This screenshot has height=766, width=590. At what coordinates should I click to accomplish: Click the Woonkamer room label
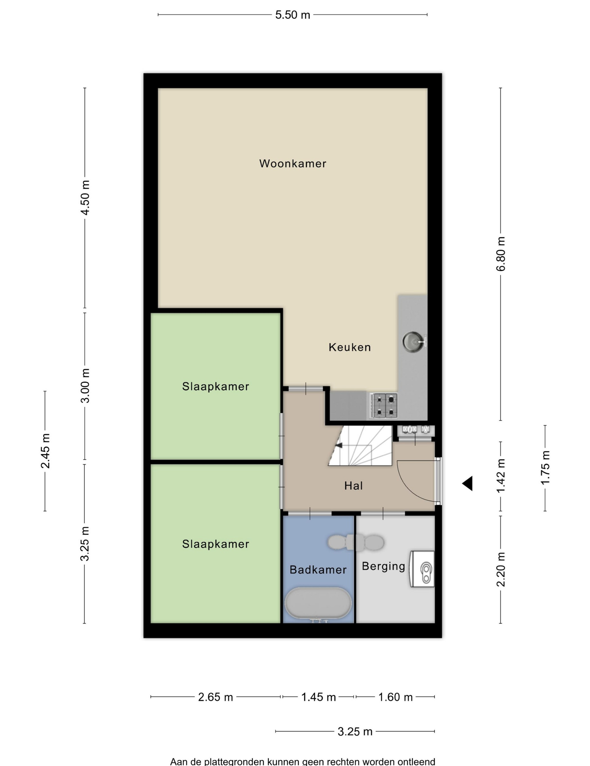pos(292,163)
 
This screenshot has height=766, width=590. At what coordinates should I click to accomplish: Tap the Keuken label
pos(350,347)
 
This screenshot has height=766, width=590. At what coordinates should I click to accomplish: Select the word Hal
pos(353,485)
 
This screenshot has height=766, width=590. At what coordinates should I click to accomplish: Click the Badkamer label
pos(318,570)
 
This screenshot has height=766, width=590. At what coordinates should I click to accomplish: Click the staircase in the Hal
pos(360,446)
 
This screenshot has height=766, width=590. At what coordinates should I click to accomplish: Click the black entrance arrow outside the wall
pos(467,483)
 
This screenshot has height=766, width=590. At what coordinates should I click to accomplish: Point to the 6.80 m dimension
pos(501,254)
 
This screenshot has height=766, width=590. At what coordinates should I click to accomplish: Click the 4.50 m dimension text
pos(85,197)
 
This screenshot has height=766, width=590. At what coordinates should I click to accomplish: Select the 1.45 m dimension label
pos(319,697)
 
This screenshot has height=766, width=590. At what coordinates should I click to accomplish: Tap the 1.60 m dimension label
pos(395,697)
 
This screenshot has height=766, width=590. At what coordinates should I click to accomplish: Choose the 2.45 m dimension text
pos(45,451)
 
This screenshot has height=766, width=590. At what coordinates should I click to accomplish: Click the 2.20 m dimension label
pos(501,569)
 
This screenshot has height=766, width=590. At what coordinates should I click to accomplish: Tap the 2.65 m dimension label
pos(215,697)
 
